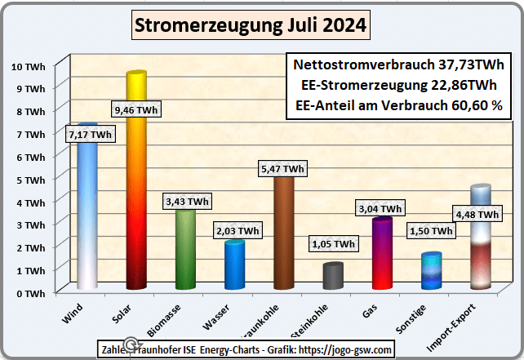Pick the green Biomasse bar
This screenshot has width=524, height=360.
(185, 253)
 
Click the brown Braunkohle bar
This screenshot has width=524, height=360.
(283, 237)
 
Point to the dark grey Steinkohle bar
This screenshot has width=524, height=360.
(332, 278)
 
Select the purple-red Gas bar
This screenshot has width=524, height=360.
(381, 257)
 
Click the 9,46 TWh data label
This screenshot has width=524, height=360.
(136, 109)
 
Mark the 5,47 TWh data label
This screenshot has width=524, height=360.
(283, 169)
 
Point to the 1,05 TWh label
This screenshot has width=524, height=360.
(333, 243)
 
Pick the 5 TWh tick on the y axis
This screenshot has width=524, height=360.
(33, 179)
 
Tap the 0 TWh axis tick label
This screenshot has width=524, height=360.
(33, 292)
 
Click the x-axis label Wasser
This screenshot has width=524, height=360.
(217, 311)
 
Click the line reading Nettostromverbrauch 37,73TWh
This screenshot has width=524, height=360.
(399, 66)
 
